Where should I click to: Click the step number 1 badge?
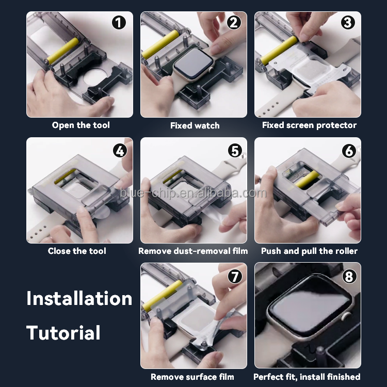click(119, 23)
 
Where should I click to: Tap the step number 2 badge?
click(233, 23)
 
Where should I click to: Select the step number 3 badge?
click(348, 23)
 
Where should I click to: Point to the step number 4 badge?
click(120, 151)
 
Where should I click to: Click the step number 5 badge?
click(235, 151)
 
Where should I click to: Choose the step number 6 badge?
click(349, 151)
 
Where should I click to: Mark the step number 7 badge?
click(235, 277)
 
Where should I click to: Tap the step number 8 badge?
click(349, 277)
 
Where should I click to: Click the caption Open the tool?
click(80, 125)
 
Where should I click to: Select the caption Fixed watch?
click(195, 125)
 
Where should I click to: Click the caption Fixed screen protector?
click(309, 125)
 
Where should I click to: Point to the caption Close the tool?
click(77, 251)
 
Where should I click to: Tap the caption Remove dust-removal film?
click(193, 251)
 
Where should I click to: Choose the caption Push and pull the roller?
click(309, 251)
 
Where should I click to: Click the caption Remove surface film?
click(192, 377)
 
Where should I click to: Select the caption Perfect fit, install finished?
click(307, 377)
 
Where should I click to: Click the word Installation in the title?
click(79, 298)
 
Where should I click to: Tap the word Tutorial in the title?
click(63, 332)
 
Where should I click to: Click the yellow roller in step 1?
click(62, 51)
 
